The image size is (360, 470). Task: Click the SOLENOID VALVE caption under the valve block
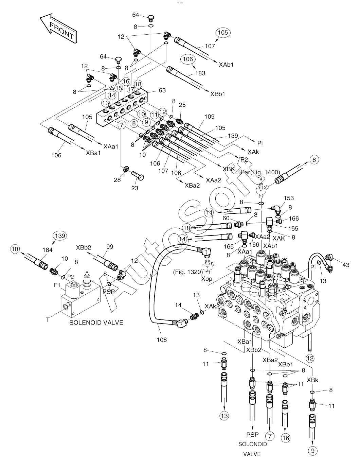click(96, 323)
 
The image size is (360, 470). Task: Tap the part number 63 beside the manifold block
click(162, 90)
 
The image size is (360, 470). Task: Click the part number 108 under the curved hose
click(162, 340)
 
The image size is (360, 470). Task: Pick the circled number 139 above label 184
click(60, 236)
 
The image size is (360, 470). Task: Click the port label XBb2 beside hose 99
click(84, 247)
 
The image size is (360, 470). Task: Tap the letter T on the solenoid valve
click(48, 320)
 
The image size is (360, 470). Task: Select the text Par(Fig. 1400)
click(260, 172)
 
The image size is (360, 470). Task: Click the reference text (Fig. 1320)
click(188, 272)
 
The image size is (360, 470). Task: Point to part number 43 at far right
click(346, 265)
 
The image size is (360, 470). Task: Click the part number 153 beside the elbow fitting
click(289, 198)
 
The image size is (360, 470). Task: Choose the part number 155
click(293, 229)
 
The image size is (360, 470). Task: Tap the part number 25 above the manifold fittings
click(182, 105)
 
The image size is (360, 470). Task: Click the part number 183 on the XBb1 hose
click(200, 73)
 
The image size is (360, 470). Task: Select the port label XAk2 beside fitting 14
click(212, 306)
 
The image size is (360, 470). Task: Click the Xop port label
click(207, 279)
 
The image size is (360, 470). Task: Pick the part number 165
click(229, 247)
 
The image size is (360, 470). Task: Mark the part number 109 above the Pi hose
click(210, 117)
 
